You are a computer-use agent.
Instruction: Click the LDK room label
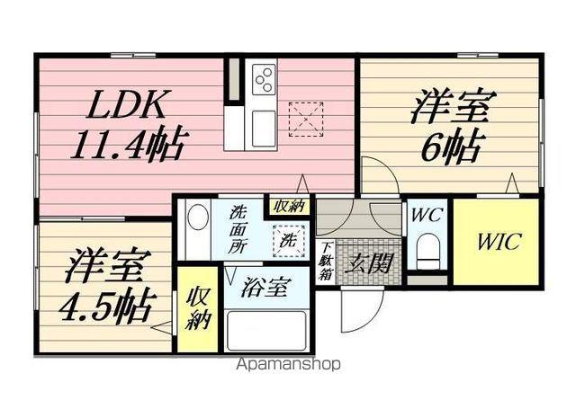click(127, 106)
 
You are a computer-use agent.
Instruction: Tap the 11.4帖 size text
click(130, 143)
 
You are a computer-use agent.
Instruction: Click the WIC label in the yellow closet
click(496, 242)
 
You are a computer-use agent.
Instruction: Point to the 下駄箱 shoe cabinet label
click(325, 263)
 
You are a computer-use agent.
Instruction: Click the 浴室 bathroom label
click(265, 289)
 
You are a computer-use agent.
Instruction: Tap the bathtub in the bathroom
click(266, 330)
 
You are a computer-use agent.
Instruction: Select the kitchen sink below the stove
click(264, 124)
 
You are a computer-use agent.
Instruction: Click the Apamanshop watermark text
click(287, 365)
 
